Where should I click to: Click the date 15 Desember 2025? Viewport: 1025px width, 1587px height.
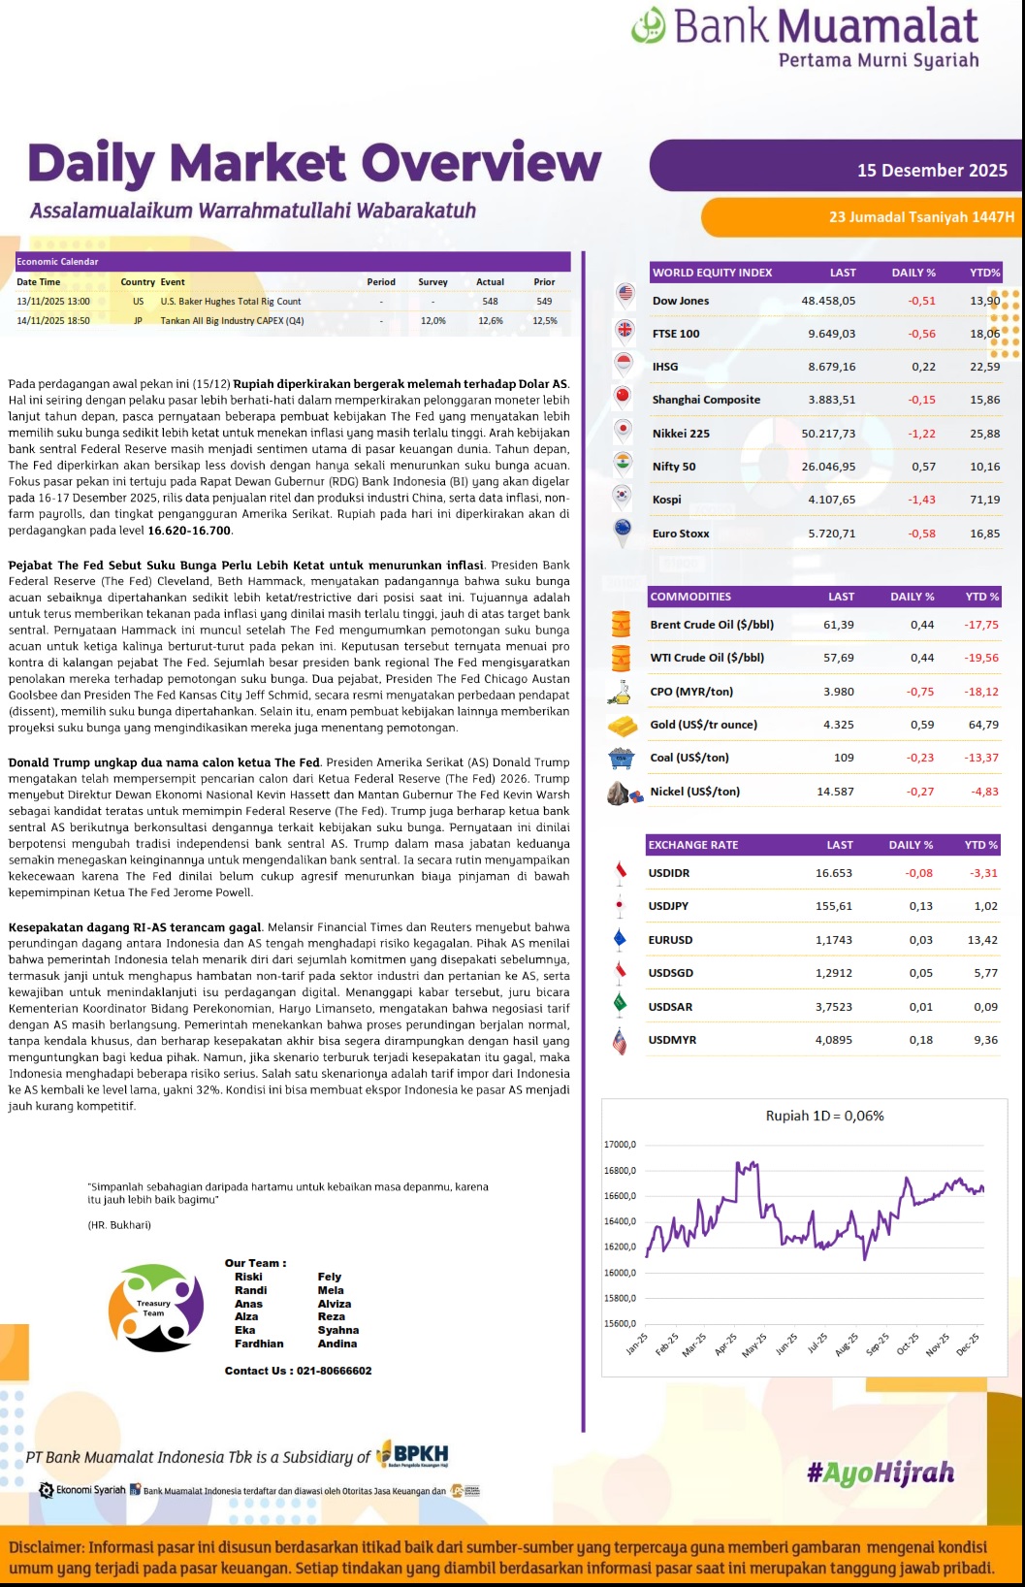932,171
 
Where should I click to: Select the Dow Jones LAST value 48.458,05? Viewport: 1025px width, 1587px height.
828,301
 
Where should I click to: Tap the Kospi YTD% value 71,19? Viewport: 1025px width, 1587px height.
984,500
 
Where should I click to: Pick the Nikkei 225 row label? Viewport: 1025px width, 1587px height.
681,434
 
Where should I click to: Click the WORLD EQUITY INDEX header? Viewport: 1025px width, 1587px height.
712,273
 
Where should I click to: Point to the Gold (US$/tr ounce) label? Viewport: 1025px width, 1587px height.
703,725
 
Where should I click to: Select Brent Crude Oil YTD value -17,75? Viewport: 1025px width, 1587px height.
981,625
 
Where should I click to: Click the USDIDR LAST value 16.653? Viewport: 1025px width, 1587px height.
833,873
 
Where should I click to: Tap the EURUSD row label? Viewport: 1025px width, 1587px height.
670,940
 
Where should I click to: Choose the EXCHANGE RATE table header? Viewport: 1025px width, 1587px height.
692,845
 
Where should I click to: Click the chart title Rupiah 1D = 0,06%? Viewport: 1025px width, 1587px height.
824,1116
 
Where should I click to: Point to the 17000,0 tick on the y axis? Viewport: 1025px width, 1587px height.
620,1145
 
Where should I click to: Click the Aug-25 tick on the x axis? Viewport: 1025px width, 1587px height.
846,1344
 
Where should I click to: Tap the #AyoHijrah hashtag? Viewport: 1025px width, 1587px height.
881,1474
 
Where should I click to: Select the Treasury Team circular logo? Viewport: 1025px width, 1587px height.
155,1308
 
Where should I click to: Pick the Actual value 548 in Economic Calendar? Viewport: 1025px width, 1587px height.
490,302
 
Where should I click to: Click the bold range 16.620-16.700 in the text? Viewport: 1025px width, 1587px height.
189,531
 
